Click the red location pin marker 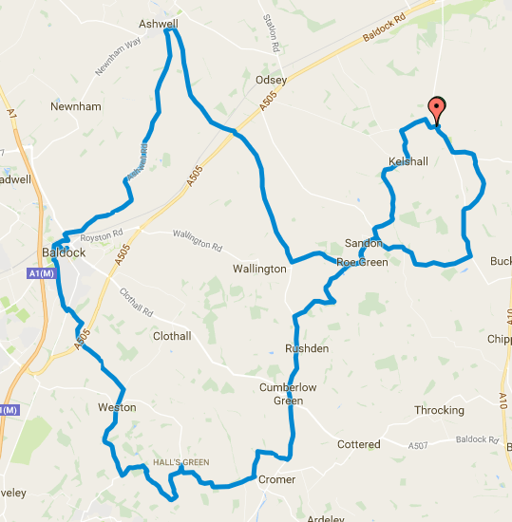pos(436,109)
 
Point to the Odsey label pos(271,81)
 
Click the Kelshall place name pos(408,162)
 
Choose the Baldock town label pos(65,252)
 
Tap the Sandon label pos(362,244)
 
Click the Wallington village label pos(259,269)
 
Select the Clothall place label pos(172,336)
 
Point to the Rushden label pos(307,349)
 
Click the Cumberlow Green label pos(288,394)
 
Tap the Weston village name pos(117,407)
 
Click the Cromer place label pos(277,480)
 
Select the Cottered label pos(359,444)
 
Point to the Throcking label pos(439,411)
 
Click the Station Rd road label pos(274,39)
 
